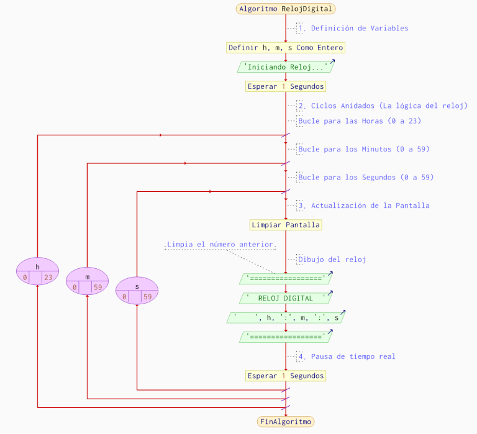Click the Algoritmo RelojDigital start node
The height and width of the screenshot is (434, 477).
pyautogui.click(x=286, y=9)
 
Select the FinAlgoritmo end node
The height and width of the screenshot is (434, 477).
pyautogui.click(x=286, y=422)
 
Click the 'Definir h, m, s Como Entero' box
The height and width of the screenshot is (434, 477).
pyautogui.click(x=286, y=48)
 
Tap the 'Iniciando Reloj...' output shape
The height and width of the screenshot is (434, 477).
pyautogui.click(x=286, y=67)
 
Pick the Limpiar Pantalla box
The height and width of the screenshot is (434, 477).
pyautogui.click(x=286, y=225)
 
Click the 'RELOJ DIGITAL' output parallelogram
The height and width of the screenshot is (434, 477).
pyautogui.click(x=286, y=299)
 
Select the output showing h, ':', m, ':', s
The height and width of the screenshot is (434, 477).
pyautogui.click(x=286, y=318)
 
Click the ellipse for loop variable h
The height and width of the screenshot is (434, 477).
pyautogui.click(x=37, y=271)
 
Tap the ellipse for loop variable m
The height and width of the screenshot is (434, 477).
pyautogui.click(x=87, y=281)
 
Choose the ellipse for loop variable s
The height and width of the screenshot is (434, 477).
pyautogui.click(x=137, y=291)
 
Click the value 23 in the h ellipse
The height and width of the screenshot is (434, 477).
pyautogui.click(x=48, y=278)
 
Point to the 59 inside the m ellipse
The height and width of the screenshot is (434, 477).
pyautogui.click(x=98, y=287)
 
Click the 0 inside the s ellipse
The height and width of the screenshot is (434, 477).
pyautogui.click(x=125, y=297)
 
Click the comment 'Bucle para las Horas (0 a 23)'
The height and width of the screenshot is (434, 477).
pyautogui.click(x=359, y=121)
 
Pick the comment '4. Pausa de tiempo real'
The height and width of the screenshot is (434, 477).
pyautogui.click(x=347, y=356)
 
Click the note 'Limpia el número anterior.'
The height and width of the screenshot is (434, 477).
pyautogui.click(x=221, y=245)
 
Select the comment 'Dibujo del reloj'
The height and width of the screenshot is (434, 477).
pyautogui.click(x=332, y=260)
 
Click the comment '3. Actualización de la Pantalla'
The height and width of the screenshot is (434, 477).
pyautogui.click(x=363, y=206)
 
